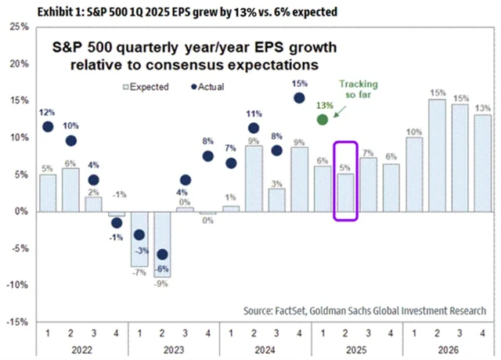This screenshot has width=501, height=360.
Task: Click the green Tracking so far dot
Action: [322, 119]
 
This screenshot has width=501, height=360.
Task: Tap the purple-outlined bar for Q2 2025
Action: [345, 193]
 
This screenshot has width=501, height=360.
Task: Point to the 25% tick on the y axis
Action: [19, 26]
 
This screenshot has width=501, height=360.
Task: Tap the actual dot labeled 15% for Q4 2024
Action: [299, 98]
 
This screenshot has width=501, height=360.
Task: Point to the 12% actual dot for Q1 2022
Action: [48, 126]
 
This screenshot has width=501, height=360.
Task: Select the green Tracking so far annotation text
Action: [353, 92]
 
